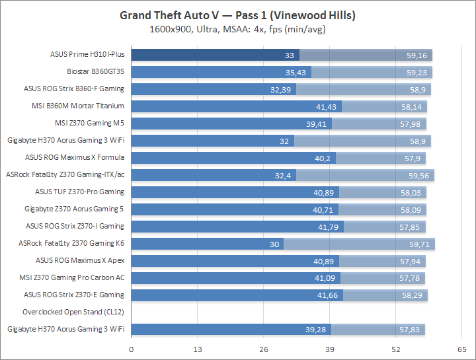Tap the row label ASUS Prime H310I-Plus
point(87,54)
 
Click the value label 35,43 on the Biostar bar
point(297,72)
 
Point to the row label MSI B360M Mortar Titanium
point(87,106)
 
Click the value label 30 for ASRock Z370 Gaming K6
point(274,243)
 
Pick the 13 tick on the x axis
point(197,348)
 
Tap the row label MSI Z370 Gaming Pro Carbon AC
point(72,277)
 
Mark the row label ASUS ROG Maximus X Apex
point(80,260)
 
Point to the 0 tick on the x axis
point(131,348)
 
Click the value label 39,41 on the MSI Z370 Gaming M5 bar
point(318,124)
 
